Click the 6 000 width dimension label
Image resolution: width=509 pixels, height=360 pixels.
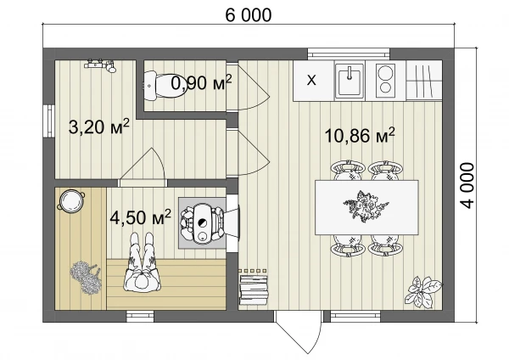(x=249, y=15)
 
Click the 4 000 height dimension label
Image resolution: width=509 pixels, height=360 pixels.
(x=467, y=186)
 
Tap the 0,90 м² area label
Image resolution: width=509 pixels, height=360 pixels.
(x=202, y=83)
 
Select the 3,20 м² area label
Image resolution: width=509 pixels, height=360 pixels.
(x=99, y=127)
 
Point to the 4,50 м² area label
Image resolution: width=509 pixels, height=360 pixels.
(x=140, y=217)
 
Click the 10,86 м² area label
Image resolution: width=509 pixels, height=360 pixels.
(x=360, y=135)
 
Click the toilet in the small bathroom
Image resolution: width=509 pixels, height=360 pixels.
(x=165, y=86)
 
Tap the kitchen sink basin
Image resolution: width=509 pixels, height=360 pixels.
(x=350, y=80)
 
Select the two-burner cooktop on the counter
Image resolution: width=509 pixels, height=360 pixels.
(x=386, y=80)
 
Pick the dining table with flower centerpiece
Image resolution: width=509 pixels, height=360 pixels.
(x=366, y=207)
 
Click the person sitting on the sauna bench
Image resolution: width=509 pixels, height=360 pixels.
(x=142, y=262)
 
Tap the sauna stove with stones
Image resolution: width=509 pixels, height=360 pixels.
(x=202, y=223)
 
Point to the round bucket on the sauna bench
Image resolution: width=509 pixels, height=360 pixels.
(x=71, y=200)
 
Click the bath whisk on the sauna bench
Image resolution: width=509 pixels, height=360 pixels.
(x=85, y=277)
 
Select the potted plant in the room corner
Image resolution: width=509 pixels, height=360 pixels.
(x=423, y=291)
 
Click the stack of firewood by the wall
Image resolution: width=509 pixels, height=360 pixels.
(x=254, y=290)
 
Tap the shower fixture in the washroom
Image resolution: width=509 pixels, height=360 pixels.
(x=100, y=65)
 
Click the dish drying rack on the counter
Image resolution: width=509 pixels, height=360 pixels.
(x=424, y=80)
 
